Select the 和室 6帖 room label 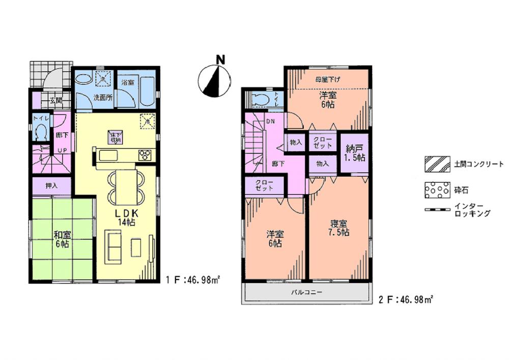click(63, 239)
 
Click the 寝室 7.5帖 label click(338, 228)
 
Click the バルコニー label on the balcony click(306, 293)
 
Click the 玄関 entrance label click(56, 100)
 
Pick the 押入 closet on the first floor click(52, 186)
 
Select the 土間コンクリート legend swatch click(436, 164)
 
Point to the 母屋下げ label click(328, 79)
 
